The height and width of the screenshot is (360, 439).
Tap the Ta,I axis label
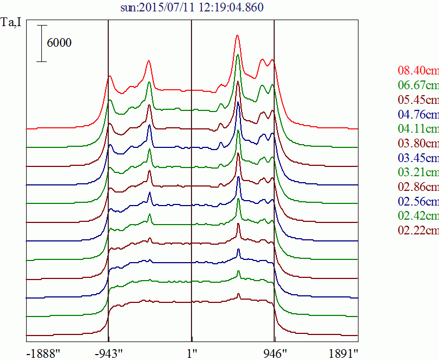12,23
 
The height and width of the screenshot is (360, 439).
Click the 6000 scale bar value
59,44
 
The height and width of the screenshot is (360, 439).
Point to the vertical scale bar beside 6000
42,44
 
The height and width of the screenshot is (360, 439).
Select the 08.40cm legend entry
418,70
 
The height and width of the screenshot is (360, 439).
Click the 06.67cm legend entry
418,85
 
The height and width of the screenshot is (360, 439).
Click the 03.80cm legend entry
418,144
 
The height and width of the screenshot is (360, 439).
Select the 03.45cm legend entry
418,158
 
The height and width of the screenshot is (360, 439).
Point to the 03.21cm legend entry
418,172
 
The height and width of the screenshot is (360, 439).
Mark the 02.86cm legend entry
418,187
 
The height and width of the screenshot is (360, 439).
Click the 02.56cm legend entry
418,202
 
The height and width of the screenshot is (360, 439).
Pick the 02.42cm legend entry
418,216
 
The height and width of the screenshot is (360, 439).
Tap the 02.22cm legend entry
418,231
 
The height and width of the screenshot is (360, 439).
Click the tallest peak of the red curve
238,36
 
